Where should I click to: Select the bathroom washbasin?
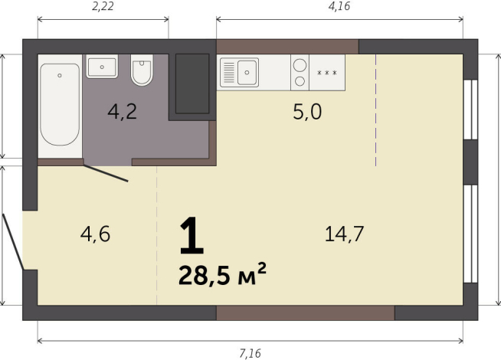pyautogui.click(x=101, y=67)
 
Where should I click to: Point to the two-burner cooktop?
pyautogui.click(x=300, y=73)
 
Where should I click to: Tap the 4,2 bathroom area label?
pyautogui.click(x=122, y=113)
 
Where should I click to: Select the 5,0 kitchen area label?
pyautogui.click(x=307, y=113)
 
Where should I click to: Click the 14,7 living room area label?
pyautogui.click(x=343, y=234)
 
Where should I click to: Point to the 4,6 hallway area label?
pyautogui.click(x=96, y=234)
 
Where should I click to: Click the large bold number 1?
pyautogui.click(x=192, y=237)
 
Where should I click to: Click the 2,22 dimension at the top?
pyautogui.click(x=103, y=7)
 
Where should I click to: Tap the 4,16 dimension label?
pyautogui.click(x=340, y=7)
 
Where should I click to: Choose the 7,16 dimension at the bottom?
pyautogui.click(x=250, y=352)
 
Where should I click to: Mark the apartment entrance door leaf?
pyautogui.click(x=13, y=242)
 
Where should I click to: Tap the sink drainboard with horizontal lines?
pyautogui.click(x=229, y=74)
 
